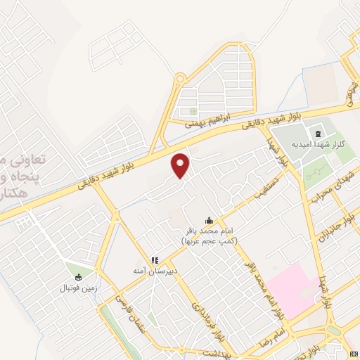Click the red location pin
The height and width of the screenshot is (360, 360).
[181, 164]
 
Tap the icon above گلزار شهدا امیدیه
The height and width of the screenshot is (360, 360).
[317, 134]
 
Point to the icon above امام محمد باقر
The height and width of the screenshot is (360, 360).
[208, 219]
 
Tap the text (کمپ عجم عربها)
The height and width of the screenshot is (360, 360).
[209, 240]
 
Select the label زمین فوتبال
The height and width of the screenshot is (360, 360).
[77, 288]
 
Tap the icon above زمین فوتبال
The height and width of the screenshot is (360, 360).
[77, 277]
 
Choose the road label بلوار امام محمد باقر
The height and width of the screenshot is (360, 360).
[262, 287]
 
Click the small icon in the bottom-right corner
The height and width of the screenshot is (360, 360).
[354, 354]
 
